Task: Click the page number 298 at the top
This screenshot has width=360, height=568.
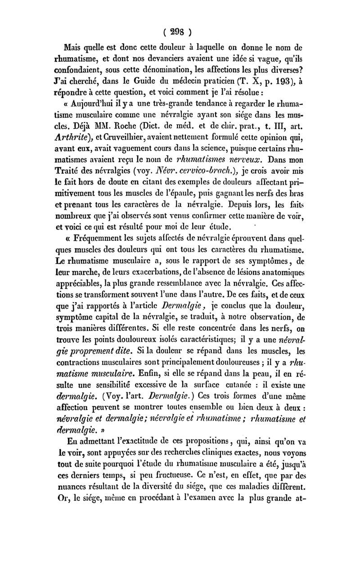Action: [x=179, y=33]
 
